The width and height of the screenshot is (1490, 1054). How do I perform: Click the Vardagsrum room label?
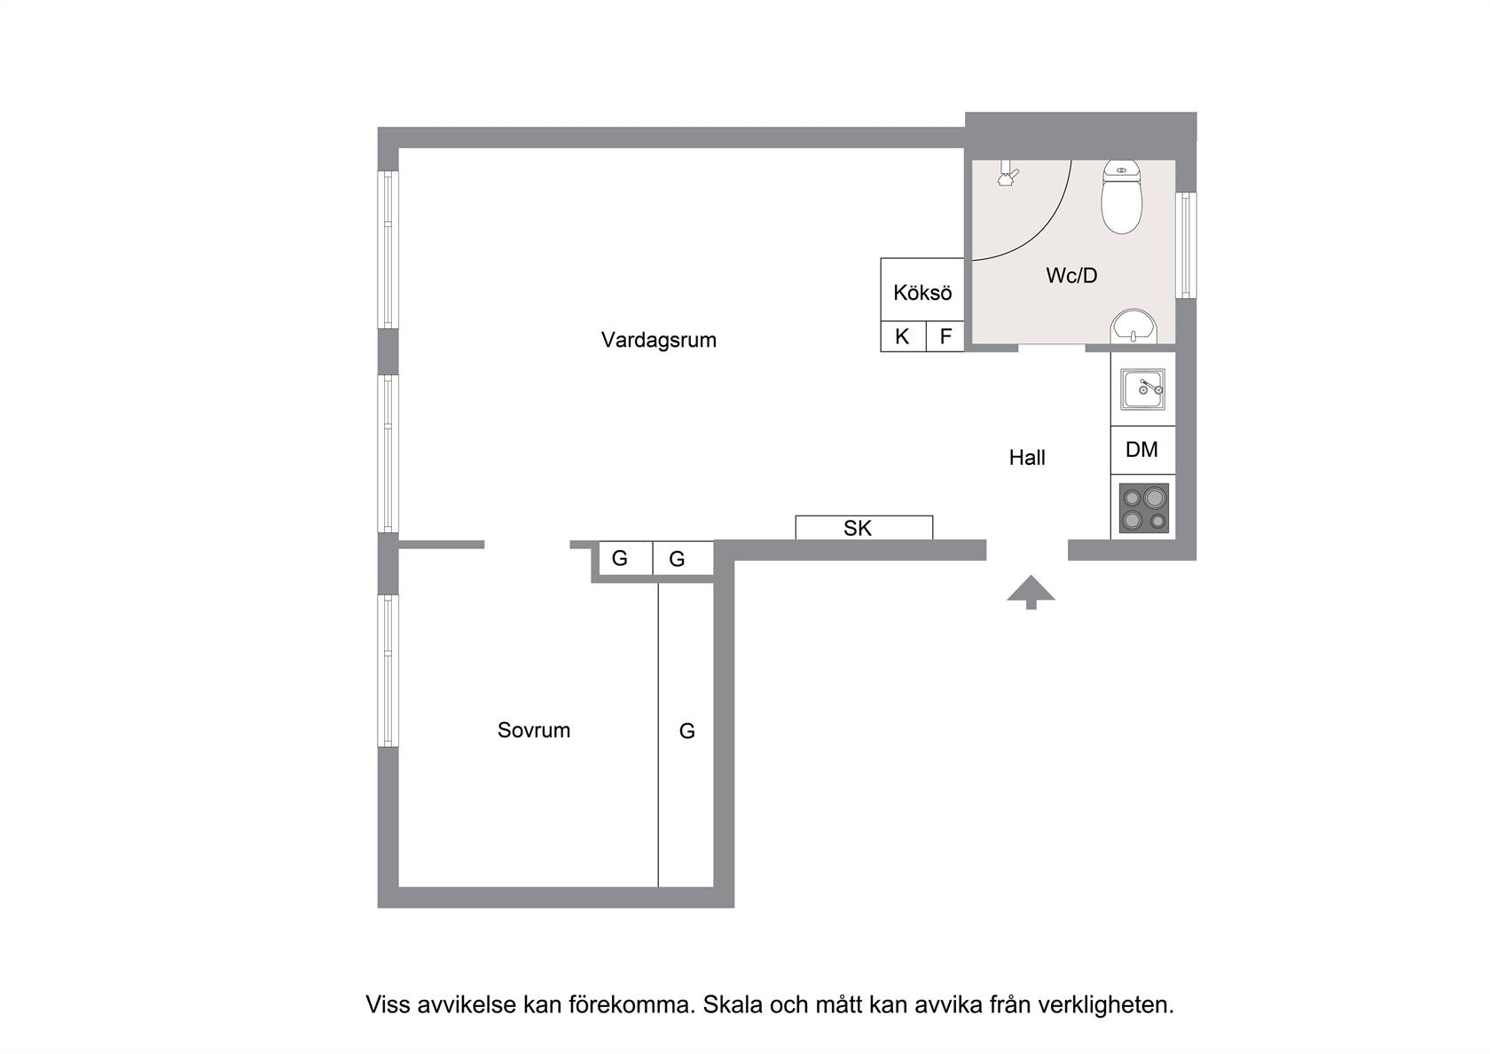(x=658, y=340)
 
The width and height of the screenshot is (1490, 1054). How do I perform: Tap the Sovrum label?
(x=534, y=730)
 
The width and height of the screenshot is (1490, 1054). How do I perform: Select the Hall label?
(x=1027, y=458)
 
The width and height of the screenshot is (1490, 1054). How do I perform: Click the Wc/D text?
(x=1071, y=275)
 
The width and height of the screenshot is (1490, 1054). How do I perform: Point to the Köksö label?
(x=922, y=293)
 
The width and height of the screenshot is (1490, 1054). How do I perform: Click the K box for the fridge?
(x=903, y=337)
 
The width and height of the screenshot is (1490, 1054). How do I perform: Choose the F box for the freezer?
(x=945, y=337)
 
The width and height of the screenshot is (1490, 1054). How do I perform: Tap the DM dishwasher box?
(x=1142, y=450)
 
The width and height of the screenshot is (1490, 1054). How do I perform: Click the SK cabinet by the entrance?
(x=864, y=528)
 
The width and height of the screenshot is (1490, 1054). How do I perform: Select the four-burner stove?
(x=1144, y=507)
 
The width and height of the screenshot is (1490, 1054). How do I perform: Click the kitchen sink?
(x=1142, y=390)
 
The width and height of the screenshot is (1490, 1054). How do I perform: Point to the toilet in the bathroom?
(x=1121, y=197)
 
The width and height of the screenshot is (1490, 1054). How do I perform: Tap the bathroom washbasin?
(x=1134, y=326)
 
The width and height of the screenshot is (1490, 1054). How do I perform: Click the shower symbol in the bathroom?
(x=1008, y=174)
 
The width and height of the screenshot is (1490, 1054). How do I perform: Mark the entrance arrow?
(x=1031, y=592)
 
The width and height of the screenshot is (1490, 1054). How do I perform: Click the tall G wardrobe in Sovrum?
(x=686, y=735)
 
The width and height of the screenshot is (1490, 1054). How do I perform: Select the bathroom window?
(x=1186, y=245)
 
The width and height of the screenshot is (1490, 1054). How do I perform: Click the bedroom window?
(x=388, y=671)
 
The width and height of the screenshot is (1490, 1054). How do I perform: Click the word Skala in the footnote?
(x=733, y=1004)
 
